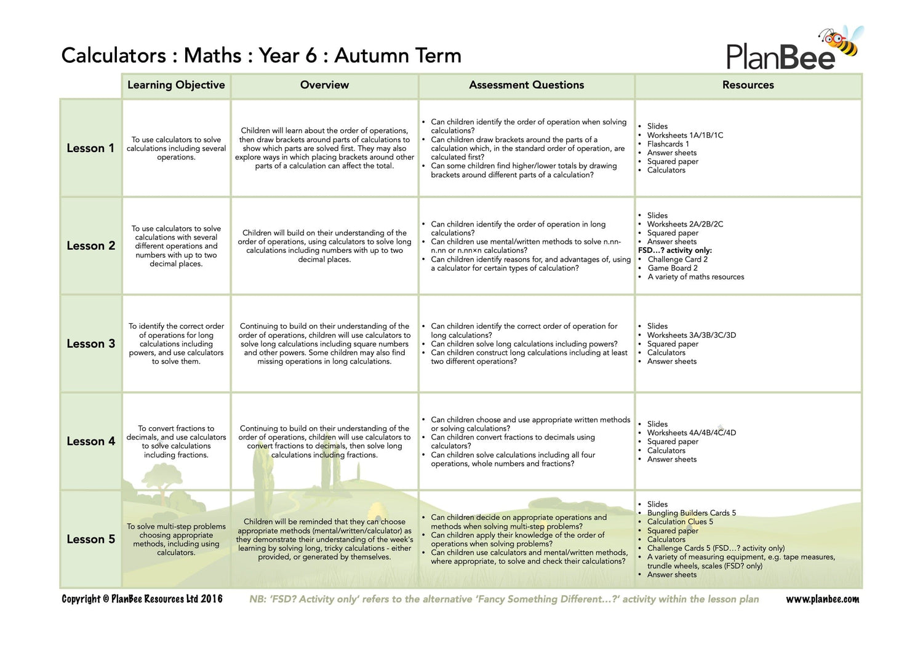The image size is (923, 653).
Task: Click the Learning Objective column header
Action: click(x=176, y=85)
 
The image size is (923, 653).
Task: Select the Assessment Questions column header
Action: click(x=526, y=85)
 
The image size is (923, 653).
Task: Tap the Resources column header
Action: click(x=748, y=85)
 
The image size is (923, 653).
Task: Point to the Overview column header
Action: click(x=324, y=85)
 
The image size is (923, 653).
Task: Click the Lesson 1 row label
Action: click(x=90, y=148)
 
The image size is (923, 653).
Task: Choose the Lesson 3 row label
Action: click(x=90, y=343)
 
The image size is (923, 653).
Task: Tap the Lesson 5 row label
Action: click(x=90, y=539)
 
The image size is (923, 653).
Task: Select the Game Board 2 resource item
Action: click(x=673, y=268)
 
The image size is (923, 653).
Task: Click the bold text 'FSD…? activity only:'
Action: click(x=675, y=250)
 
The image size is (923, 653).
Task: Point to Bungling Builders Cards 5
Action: click(x=691, y=513)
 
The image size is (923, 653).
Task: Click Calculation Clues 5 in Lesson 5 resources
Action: click(x=680, y=522)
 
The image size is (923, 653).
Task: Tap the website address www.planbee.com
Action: click(x=822, y=599)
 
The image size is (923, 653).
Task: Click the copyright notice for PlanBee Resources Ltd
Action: click(x=142, y=599)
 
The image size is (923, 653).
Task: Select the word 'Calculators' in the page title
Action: click(x=114, y=55)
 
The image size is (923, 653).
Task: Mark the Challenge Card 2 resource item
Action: click(x=677, y=260)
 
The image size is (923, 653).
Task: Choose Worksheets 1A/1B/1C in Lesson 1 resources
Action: click(x=685, y=135)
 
